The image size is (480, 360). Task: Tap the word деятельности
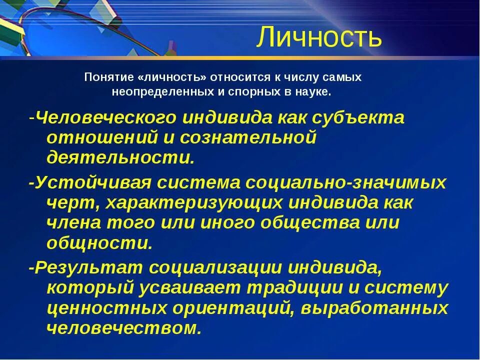pyautogui.click(x=119, y=157)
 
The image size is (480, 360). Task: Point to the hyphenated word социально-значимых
pyautogui.click(x=345, y=182)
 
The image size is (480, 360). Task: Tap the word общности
pyautogui.click(x=99, y=242)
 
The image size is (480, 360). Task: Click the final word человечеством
pyautogui.click(x=124, y=328)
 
